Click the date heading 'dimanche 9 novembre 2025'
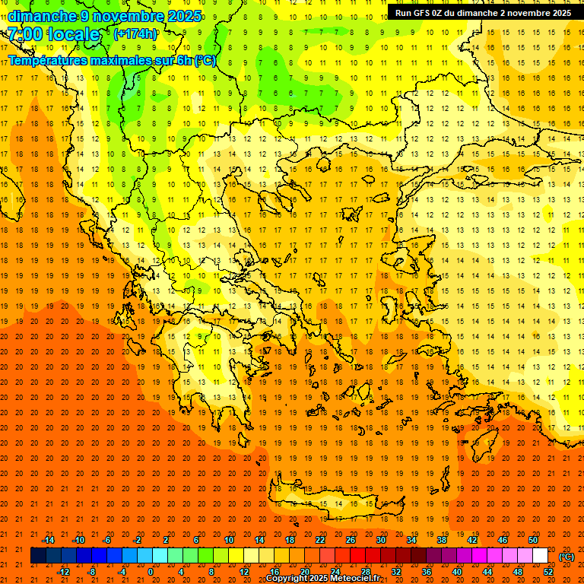coord(105,16)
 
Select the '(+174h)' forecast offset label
coord(135,34)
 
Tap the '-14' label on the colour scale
coord(48,540)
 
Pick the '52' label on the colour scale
coord(548,572)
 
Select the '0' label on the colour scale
coord(150,572)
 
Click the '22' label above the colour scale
coord(320,540)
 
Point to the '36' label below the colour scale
coord(427,572)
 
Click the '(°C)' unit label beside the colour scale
coord(567,557)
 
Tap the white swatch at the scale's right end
coord(540,556)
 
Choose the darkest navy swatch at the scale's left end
coord(38,556)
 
